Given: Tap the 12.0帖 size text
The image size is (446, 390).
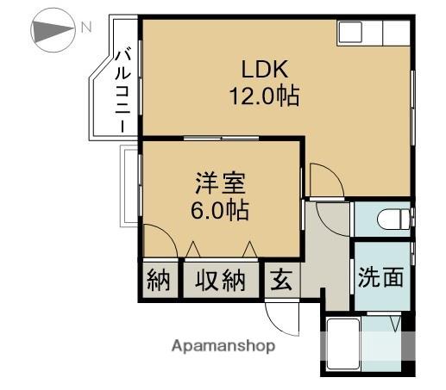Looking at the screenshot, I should (x=263, y=96).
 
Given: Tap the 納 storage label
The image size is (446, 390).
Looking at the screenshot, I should (x=159, y=280).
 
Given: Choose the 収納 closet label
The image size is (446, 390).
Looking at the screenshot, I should (x=219, y=280).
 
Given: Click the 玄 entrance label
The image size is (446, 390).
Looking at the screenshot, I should (x=281, y=280).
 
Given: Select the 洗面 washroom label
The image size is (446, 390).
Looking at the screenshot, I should (x=380, y=277).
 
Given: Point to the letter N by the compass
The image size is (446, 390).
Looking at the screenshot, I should (x=86, y=27).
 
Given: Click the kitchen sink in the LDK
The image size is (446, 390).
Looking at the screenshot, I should (x=351, y=33).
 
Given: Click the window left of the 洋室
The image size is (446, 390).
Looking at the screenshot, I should (x=129, y=186).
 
